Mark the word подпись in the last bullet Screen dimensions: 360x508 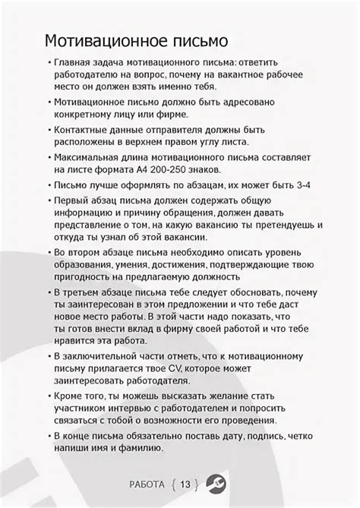click(x=266, y=437)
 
